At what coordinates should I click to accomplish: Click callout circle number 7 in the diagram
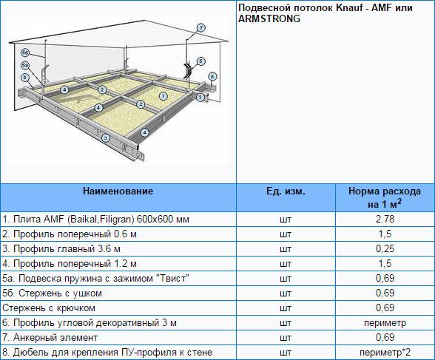(x=201, y=28)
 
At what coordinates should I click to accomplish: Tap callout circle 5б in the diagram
(x=25, y=52)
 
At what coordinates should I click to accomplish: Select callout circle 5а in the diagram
(x=25, y=65)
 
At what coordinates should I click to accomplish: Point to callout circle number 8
(x=25, y=77)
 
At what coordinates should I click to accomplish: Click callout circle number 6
(x=212, y=76)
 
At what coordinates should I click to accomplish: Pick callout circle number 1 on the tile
(x=163, y=96)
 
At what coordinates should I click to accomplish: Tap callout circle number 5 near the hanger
(x=200, y=61)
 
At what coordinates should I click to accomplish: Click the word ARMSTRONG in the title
(x=269, y=18)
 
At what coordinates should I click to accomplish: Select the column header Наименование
(x=118, y=191)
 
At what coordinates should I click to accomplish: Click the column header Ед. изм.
(x=286, y=191)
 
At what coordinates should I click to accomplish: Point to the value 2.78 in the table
(x=385, y=220)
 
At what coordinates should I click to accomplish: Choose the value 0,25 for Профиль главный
(x=385, y=248)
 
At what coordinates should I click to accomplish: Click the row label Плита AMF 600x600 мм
(x=95, y=220)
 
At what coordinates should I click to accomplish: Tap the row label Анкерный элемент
(x=50, y=338)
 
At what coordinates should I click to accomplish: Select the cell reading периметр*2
(x=385, y=353)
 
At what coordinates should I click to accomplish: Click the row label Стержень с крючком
(x=49, y=308)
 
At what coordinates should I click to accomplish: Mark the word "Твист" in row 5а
(x=175, y=278)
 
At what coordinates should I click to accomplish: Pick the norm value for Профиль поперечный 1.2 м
(x=385, y=263)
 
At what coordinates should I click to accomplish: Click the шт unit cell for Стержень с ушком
(x=286, y=293)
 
